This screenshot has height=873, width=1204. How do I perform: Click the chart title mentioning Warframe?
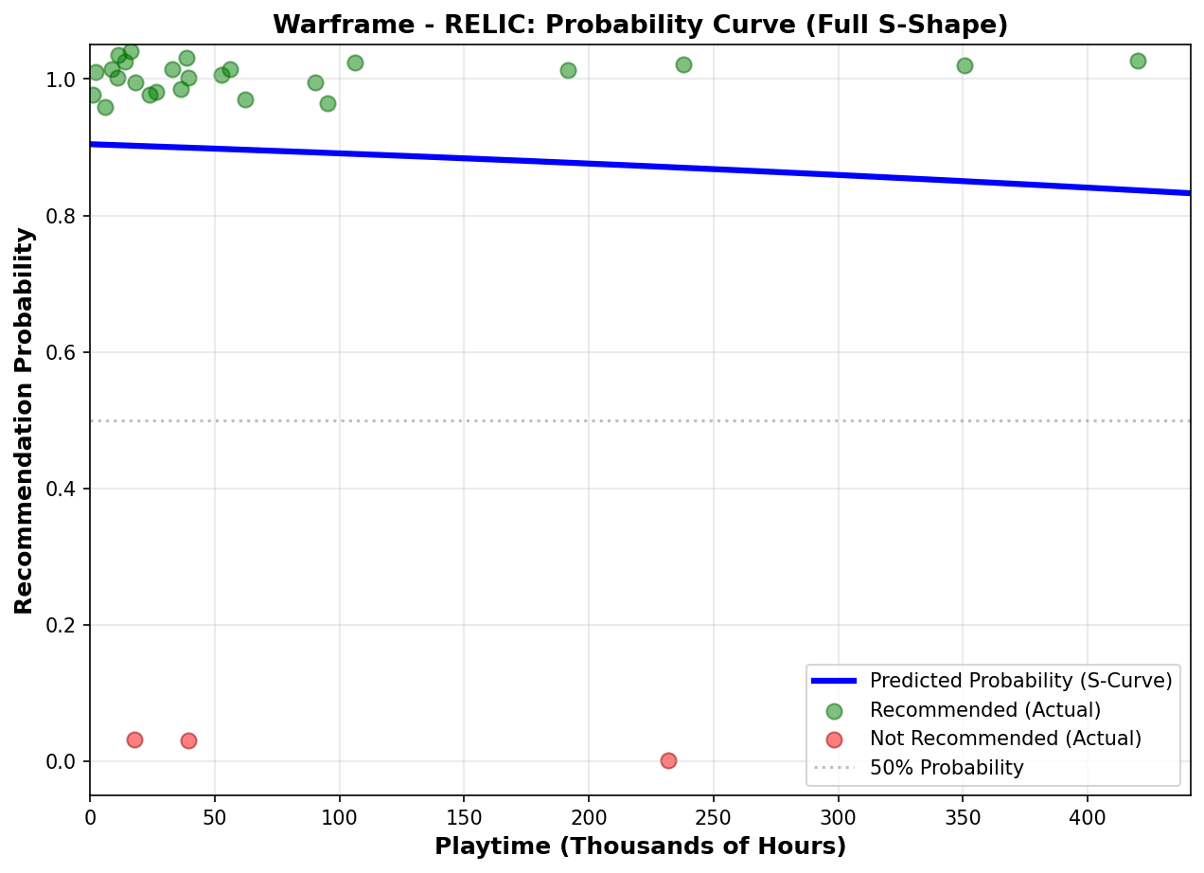(640, 26)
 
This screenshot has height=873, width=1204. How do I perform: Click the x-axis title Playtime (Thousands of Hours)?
(640, 846)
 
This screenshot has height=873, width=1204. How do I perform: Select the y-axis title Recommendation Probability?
(25, 419)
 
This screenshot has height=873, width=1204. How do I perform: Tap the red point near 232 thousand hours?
(668, 760)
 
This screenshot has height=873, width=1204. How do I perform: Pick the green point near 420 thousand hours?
(1138, 61)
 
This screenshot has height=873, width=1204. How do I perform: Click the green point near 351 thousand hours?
(965, 65)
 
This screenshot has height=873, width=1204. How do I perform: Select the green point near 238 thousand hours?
(683, 64)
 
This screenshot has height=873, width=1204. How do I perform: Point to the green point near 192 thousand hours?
(568, 70)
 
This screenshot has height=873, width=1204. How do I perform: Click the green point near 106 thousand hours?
(355, 62)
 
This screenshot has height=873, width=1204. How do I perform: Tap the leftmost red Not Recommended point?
(134, 739)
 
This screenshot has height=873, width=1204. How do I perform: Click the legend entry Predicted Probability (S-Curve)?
(1020, 681)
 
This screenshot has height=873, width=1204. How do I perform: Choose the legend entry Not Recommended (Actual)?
(1005, 739)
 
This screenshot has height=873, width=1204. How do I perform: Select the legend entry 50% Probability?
(947, 768)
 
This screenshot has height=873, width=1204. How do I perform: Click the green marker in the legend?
(834, 710)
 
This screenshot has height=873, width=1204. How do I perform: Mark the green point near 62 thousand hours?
(245, 99)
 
